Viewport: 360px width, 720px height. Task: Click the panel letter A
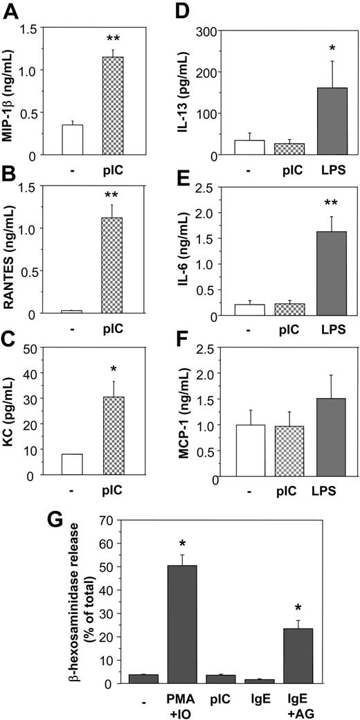tap(12, 12)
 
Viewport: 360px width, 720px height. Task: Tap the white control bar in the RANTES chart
tap(72, 312)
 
